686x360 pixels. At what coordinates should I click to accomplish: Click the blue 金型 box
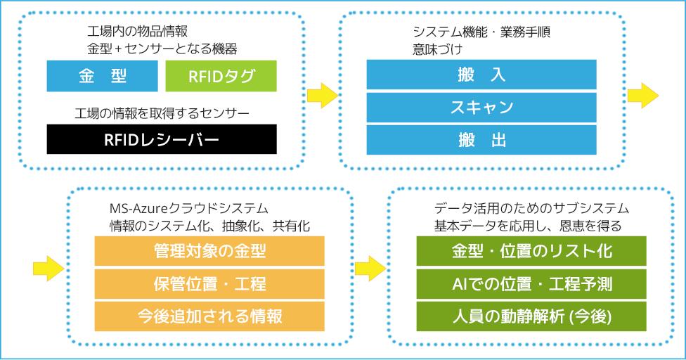[x=103, y=76]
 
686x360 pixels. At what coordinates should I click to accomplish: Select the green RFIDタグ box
[x=221, y=76]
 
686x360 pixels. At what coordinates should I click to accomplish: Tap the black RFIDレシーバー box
[x=162, y=139]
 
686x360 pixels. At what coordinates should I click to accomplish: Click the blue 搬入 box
[x=481, y=75]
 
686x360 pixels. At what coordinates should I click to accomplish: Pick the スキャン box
[x=481, y=107]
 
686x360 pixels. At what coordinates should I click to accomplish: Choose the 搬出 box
[x=481, y=140]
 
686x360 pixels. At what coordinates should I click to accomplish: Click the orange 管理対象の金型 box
[x=209, y=251]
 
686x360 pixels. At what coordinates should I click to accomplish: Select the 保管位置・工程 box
[x=209, y=284]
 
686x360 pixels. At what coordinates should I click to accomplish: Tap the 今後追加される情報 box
[x=209, y=316]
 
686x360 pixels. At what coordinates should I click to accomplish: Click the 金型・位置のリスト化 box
[x=531, y=251]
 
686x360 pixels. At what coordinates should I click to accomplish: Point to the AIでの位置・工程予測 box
[x=531, y=284]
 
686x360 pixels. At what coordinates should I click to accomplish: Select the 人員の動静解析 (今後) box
[x=531, y=316]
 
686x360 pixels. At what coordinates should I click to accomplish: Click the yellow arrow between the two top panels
[x=323, y=96]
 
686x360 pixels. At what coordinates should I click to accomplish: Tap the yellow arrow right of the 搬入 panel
[x=643, y=96]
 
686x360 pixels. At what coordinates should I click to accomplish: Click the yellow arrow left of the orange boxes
[x=48, y=268]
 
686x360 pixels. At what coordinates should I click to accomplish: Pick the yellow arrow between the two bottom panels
[x=370, y=268]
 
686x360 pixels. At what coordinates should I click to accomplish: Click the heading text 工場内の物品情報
[x=137, y=32]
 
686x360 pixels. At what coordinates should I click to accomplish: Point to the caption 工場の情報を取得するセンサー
[x=162, y=114]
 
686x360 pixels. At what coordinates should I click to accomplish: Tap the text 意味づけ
[x=437, y=49]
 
